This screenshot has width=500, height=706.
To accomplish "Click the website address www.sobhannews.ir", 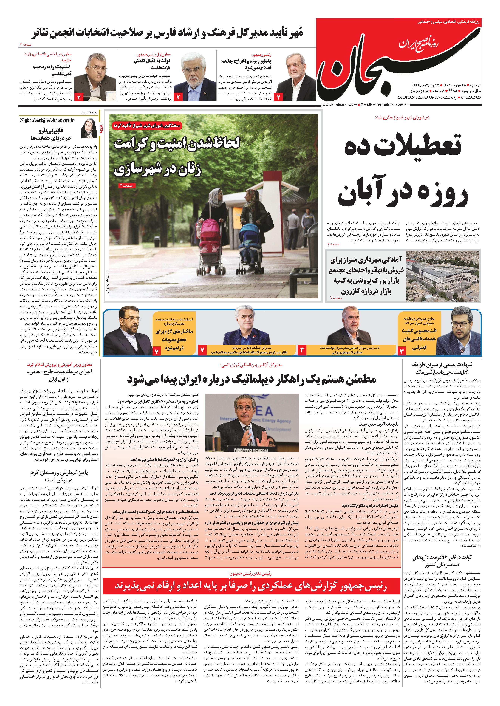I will click(x=340, y=105).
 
